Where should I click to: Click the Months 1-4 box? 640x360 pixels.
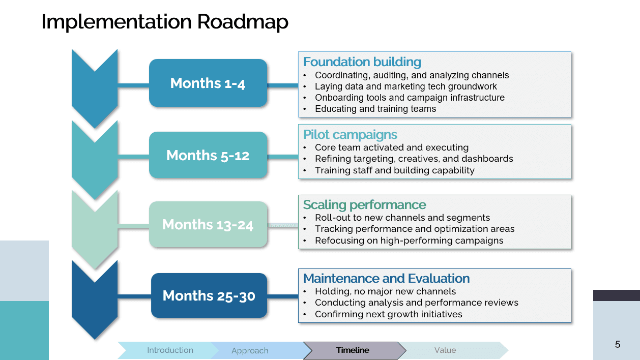point(208,83)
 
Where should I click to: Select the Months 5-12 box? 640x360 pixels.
point(208,155)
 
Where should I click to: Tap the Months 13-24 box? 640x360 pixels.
point(208,224)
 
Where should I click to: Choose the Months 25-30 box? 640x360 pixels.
point(209,295)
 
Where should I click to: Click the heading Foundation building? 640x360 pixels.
point(362,62)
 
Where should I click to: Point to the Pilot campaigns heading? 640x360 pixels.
point(350,134)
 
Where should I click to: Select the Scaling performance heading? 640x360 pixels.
point(364,205)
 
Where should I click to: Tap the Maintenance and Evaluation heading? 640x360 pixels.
point(386,278)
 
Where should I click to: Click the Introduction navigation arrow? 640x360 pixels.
point(168,350)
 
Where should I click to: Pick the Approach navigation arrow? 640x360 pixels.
point(258,350)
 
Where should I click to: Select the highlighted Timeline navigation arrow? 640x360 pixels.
point(354,350)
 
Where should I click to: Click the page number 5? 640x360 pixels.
point(618,344)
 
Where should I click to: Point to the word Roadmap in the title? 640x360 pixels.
point(243,22)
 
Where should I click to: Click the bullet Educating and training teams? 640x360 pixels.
point(375,109)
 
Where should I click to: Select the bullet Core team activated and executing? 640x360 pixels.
point(392,147)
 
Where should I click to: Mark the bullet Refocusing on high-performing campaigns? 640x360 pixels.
point(409,241)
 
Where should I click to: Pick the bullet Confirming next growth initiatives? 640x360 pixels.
point(389,314)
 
